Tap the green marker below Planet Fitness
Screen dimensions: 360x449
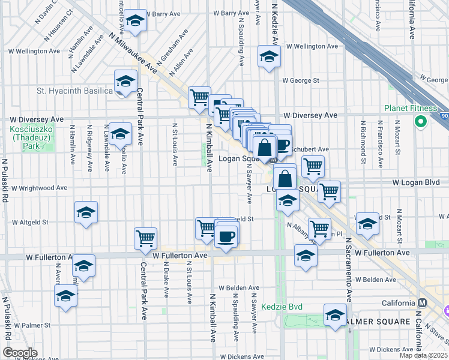(420, 122)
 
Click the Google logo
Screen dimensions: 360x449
(20, 353)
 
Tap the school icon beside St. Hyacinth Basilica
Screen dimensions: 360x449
(126, 81)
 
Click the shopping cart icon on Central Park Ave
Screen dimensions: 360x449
(146, 239)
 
